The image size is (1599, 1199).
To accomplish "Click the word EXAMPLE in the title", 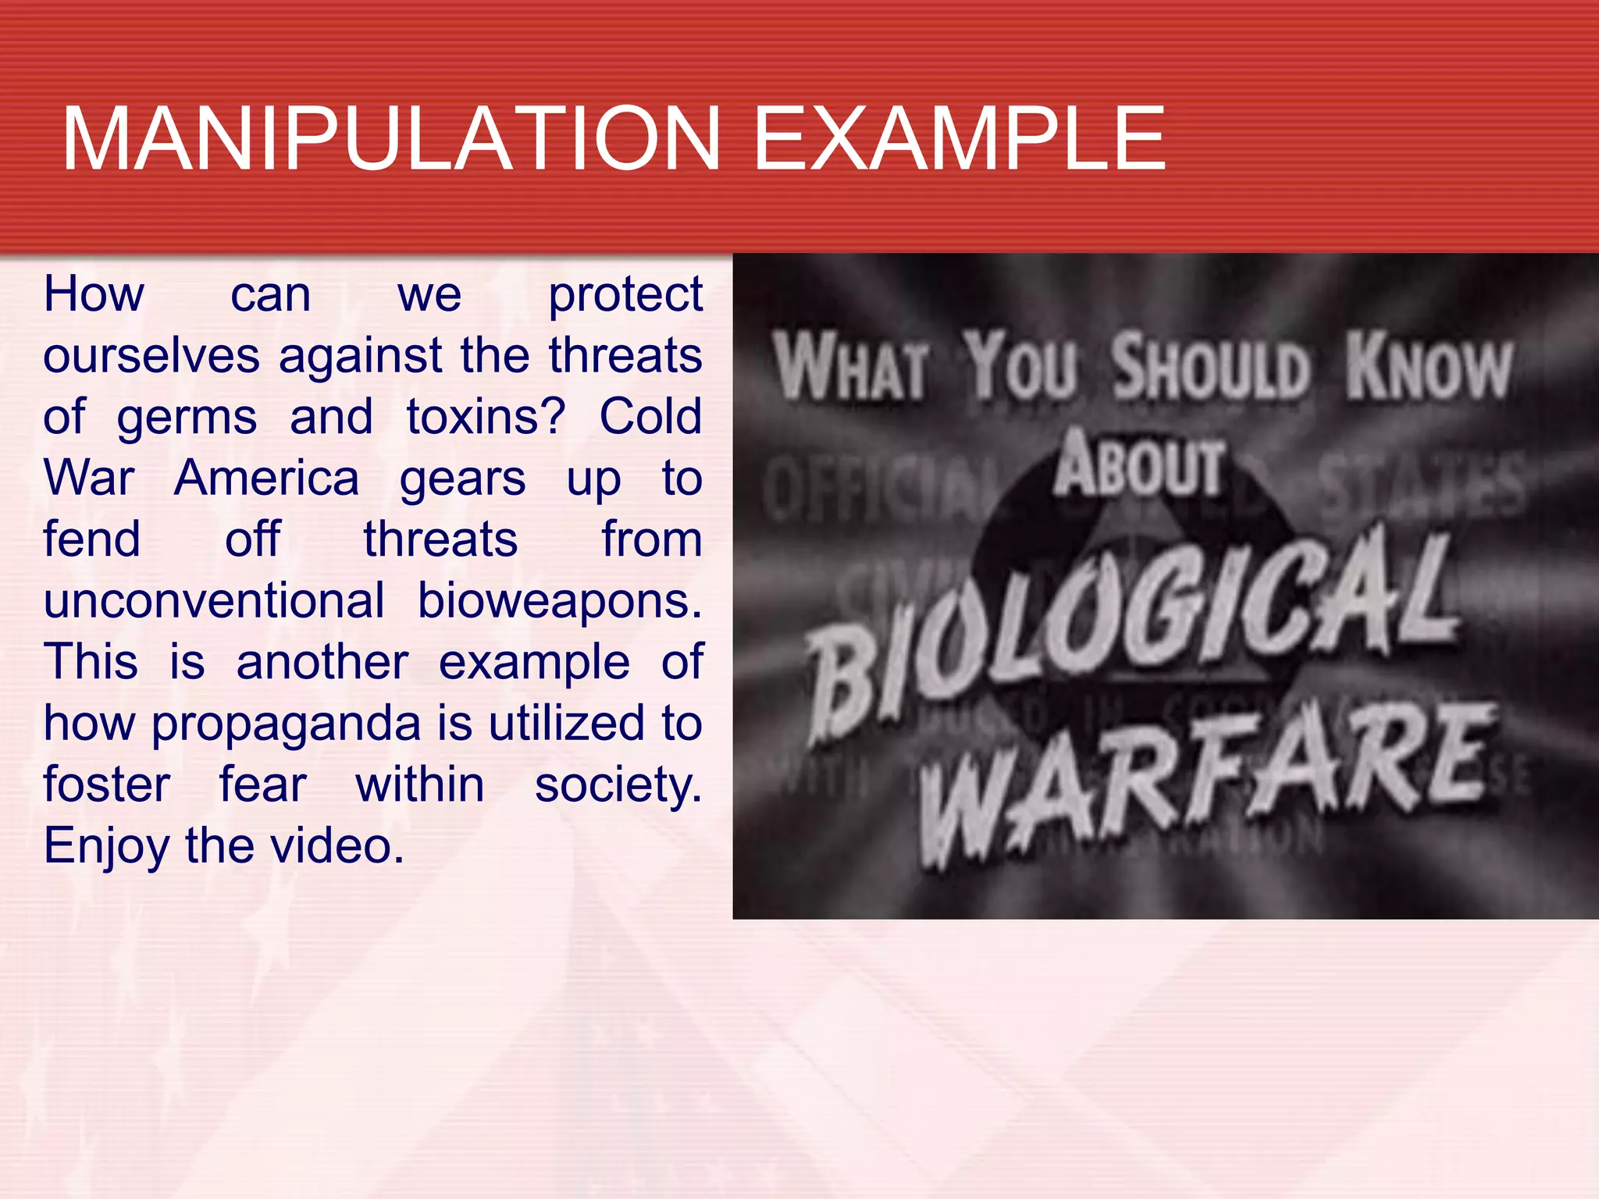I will coord(959,139).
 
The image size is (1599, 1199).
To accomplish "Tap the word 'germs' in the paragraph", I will coord(187,417).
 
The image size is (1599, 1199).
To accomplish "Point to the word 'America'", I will coord(266,478).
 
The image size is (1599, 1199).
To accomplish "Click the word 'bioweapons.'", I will coord(559,601).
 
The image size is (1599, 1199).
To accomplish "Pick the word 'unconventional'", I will coord(214,601).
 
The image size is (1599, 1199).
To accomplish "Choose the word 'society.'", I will coord(618,785).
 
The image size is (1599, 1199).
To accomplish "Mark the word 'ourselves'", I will coord(151,356).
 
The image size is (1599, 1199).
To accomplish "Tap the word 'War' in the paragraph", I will coord(89,478).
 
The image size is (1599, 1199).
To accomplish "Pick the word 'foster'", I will coord(107,785).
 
